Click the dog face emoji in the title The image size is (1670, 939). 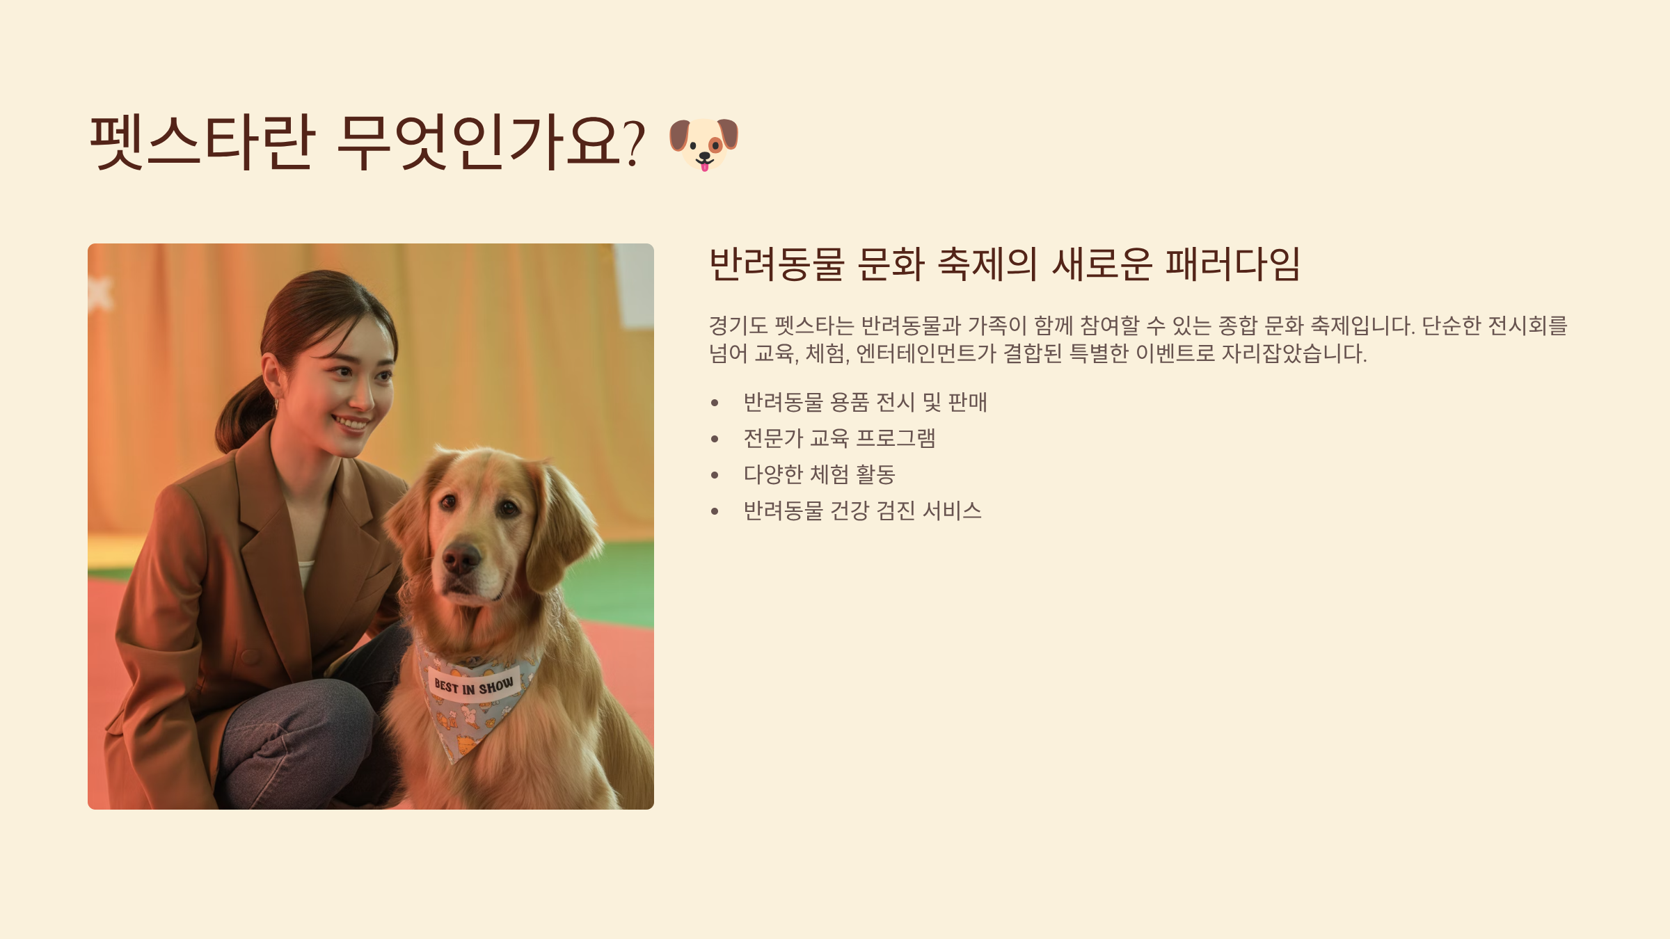703,144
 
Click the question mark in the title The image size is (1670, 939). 633,143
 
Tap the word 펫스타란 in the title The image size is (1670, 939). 201,142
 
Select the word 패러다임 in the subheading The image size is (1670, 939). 1232,264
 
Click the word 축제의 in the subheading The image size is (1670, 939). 987,264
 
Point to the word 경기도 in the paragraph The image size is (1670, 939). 738,326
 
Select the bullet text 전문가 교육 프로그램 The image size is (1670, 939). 839,438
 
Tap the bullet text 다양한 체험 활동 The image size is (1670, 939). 819,474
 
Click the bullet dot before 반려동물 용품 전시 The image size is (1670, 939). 715,403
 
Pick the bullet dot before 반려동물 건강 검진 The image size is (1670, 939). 715,511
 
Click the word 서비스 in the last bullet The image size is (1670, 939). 952,511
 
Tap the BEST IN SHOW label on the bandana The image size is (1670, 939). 474,686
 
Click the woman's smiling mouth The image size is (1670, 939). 351,422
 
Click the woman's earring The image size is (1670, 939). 276,404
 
